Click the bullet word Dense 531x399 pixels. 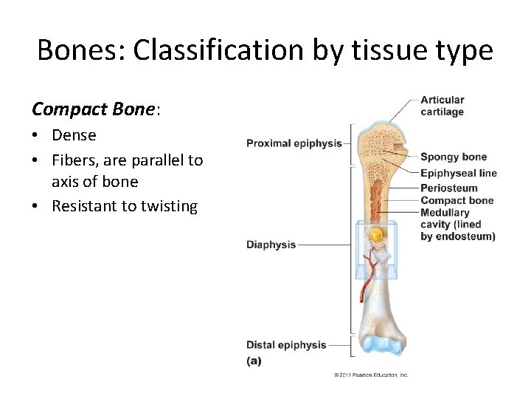point(74,135)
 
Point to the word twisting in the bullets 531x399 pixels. point(162,206)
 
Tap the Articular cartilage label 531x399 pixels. point(442,106)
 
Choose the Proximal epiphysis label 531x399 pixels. point(294,143)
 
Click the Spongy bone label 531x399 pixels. point(454,157)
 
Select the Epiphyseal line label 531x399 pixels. point(459,174)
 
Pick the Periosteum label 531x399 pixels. point(448,188)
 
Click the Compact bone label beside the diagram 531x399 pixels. point(457,200)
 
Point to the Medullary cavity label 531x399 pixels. point(457,225)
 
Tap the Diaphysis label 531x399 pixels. point(271,245)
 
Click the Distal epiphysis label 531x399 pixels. point(285,345)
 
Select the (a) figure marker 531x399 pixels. point(254,361)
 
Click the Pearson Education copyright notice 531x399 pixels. point(370,375)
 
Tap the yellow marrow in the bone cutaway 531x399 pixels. point(376,236)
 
